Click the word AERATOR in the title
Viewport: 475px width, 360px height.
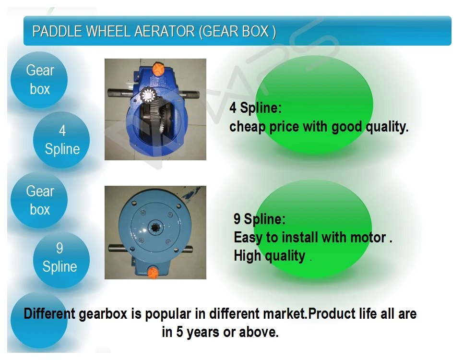coord(164,31)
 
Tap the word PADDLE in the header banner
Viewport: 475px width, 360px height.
coord(57,31)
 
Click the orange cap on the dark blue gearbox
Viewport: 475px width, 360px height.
coord(158,69)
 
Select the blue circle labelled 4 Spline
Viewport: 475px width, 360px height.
coord(61,140)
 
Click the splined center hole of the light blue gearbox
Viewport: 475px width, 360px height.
coord(155,227)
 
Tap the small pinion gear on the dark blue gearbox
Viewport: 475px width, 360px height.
coord(148,96)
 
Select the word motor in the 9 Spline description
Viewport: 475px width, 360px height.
coord(368,237)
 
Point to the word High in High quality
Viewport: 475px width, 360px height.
coord(247,255)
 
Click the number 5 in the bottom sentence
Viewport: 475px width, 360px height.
coord(179,332)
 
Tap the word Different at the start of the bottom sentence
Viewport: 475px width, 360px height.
coord(49,313)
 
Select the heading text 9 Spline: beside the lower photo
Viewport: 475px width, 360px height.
coord(259,219)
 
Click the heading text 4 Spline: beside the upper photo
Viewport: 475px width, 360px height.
coord(255,108)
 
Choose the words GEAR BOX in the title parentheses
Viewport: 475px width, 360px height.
coord(236,31)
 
